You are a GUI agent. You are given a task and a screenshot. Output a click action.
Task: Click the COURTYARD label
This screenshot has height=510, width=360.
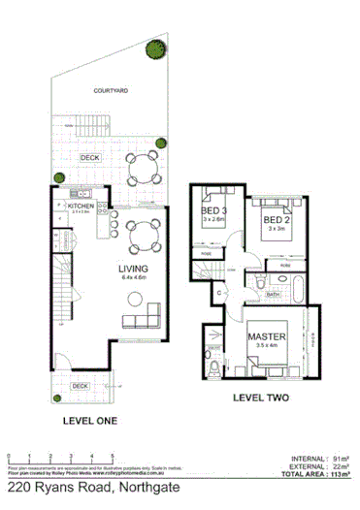112,90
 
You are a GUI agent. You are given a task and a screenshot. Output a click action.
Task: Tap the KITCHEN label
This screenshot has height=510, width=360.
81,206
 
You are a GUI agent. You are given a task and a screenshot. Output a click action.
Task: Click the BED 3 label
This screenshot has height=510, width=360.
213,211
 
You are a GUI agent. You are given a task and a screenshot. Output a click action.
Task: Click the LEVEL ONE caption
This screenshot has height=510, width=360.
90,420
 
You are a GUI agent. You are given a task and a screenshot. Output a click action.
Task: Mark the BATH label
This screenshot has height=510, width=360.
274,295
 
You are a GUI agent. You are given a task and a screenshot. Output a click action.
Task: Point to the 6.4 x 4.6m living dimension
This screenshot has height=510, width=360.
132,278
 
